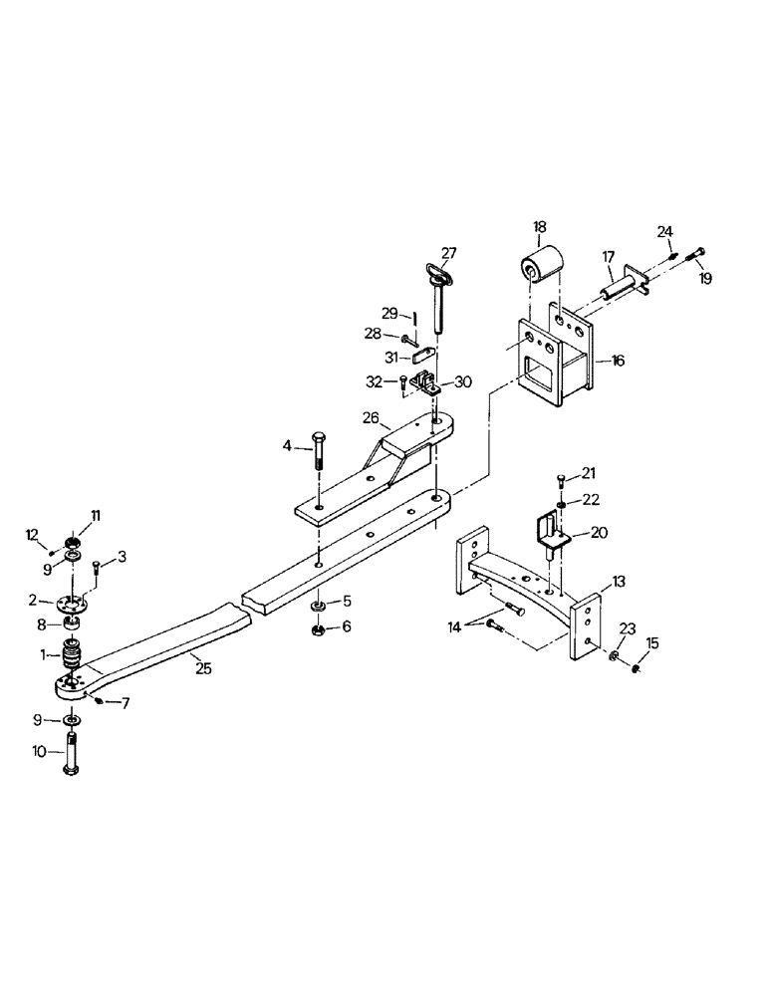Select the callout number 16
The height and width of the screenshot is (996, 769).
(619, 361)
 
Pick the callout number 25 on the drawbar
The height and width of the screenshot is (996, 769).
(203, 668)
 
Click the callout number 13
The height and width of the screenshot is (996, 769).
(619, 581)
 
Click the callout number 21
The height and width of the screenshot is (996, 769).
(590, 471)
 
